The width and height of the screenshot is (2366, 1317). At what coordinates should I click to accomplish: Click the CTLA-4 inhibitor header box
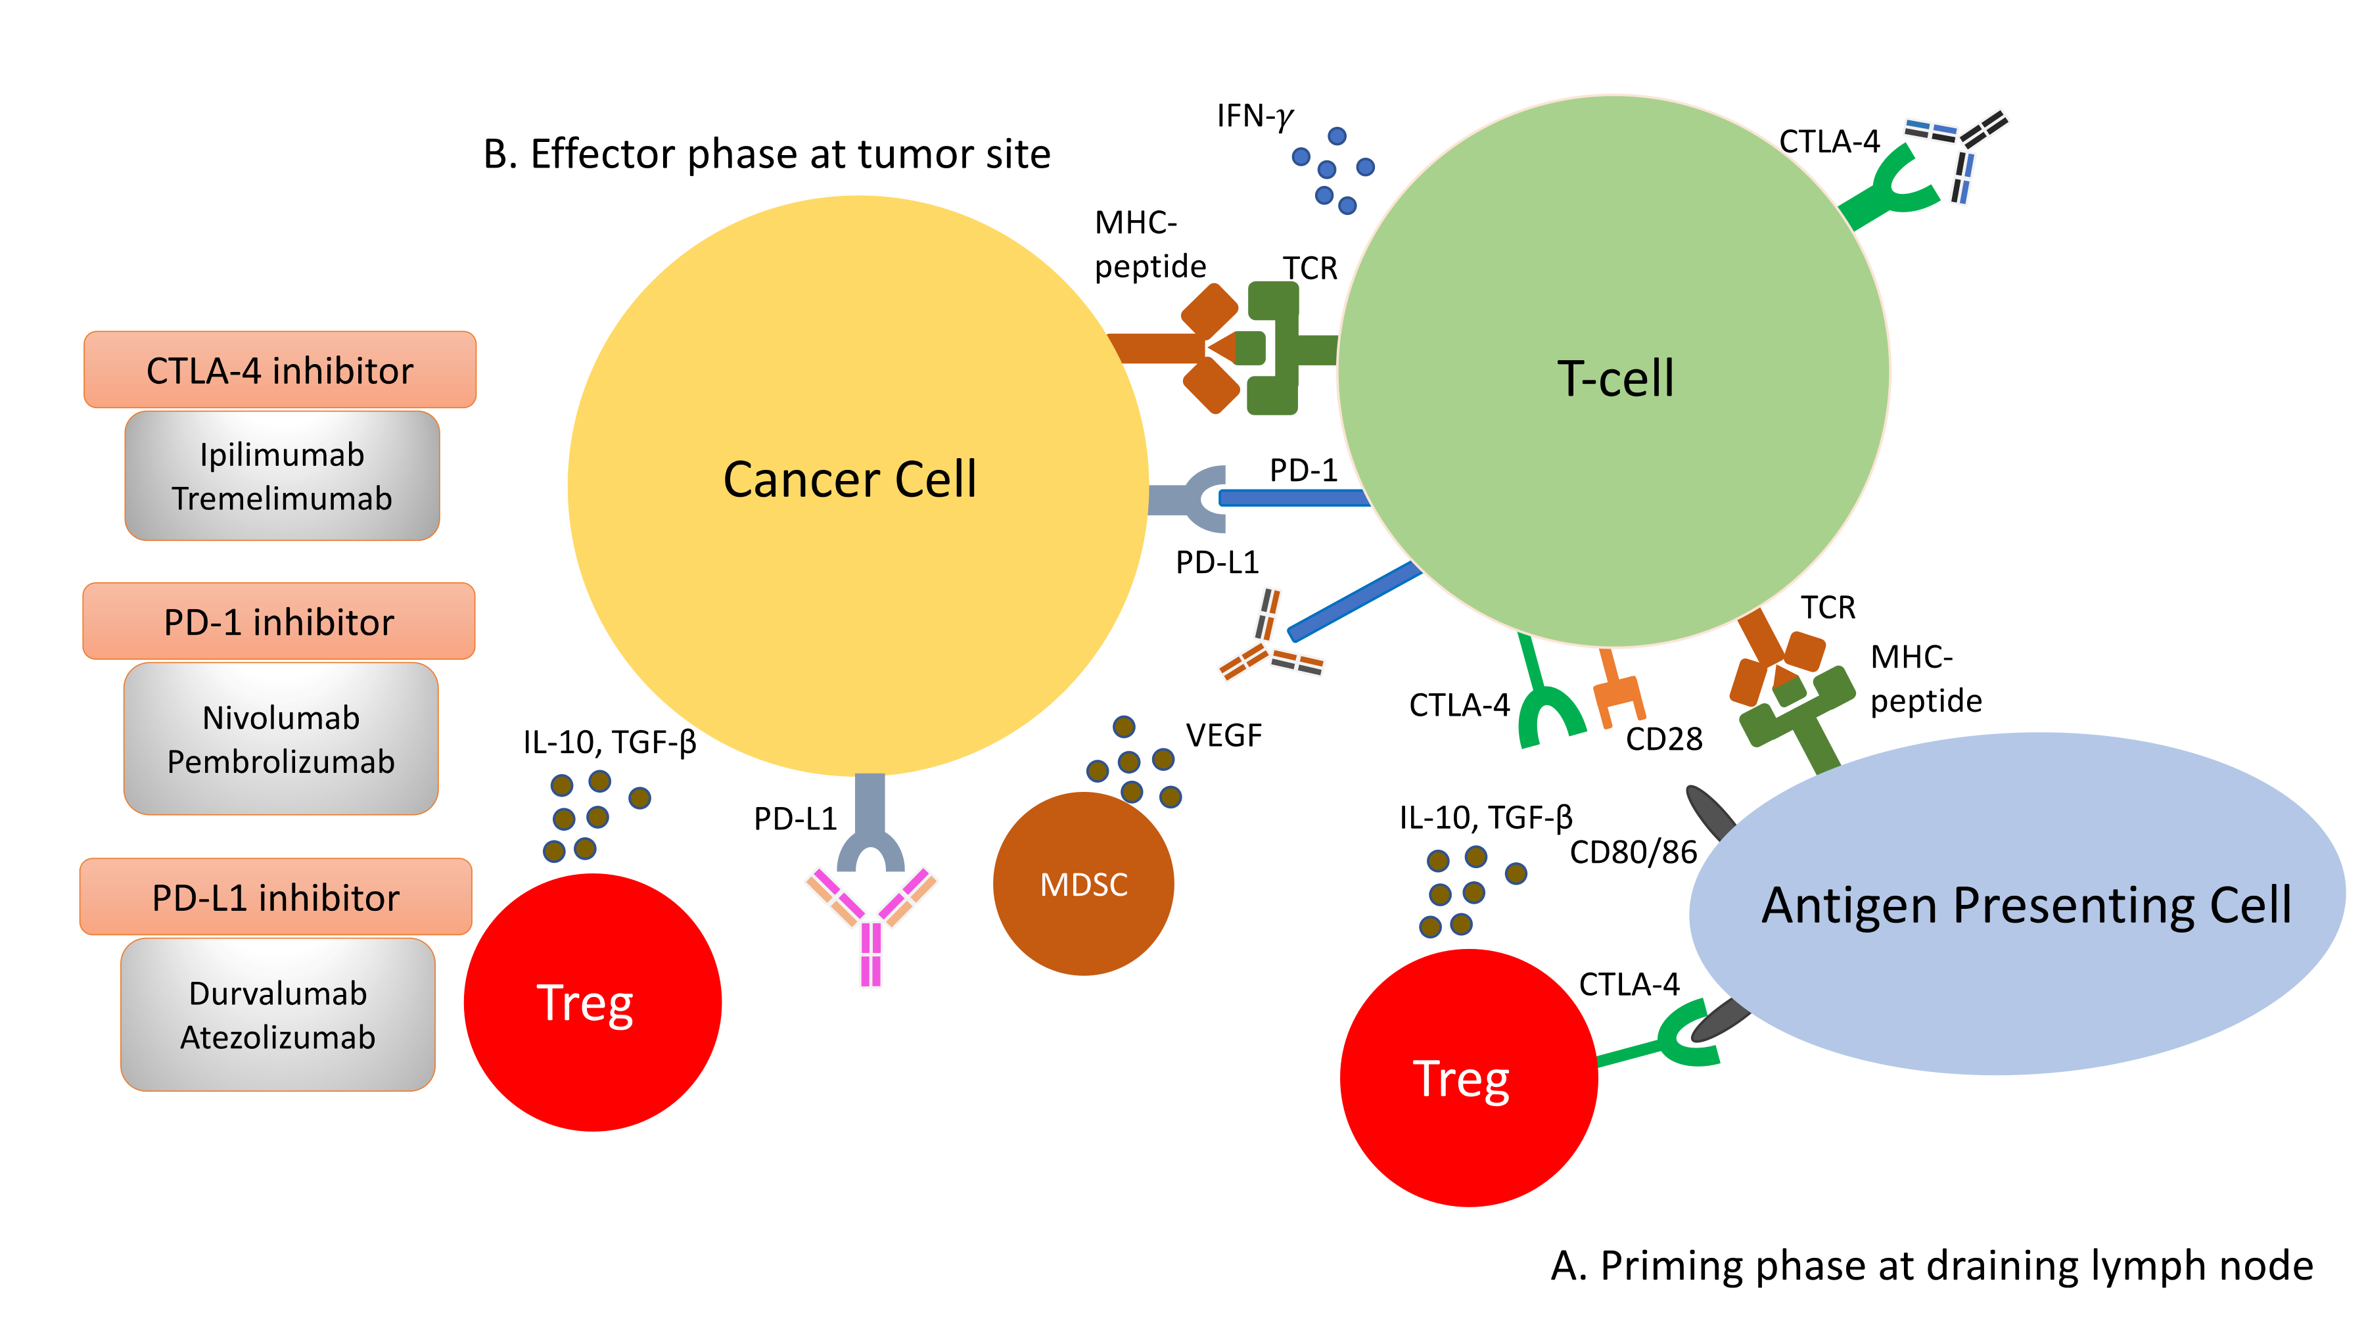point(279,370)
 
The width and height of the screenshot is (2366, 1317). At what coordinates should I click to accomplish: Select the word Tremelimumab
point(281,499)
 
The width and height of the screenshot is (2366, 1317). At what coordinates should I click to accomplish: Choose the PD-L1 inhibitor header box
point(275,897)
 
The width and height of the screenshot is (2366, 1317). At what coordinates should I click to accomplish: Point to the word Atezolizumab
point(277,1038)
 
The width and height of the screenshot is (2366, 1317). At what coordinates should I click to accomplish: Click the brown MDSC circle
point(1083,883)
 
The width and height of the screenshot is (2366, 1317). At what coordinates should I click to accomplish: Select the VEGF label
point(1222,735)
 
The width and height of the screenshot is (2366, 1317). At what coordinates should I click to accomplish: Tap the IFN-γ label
point(1254,116)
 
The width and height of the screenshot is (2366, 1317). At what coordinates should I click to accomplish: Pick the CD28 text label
point(1663,739)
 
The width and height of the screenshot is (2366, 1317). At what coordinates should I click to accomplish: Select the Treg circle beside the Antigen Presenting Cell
point(1468,1078)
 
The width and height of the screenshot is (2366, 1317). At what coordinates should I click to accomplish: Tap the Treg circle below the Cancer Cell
point(591,1002)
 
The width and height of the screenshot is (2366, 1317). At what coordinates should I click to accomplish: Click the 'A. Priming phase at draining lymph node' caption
point(1931,1266)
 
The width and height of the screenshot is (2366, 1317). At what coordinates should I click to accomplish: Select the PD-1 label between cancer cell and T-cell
point(1303,471)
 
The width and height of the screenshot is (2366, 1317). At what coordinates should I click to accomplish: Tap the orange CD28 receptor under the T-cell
point(1617,691)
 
